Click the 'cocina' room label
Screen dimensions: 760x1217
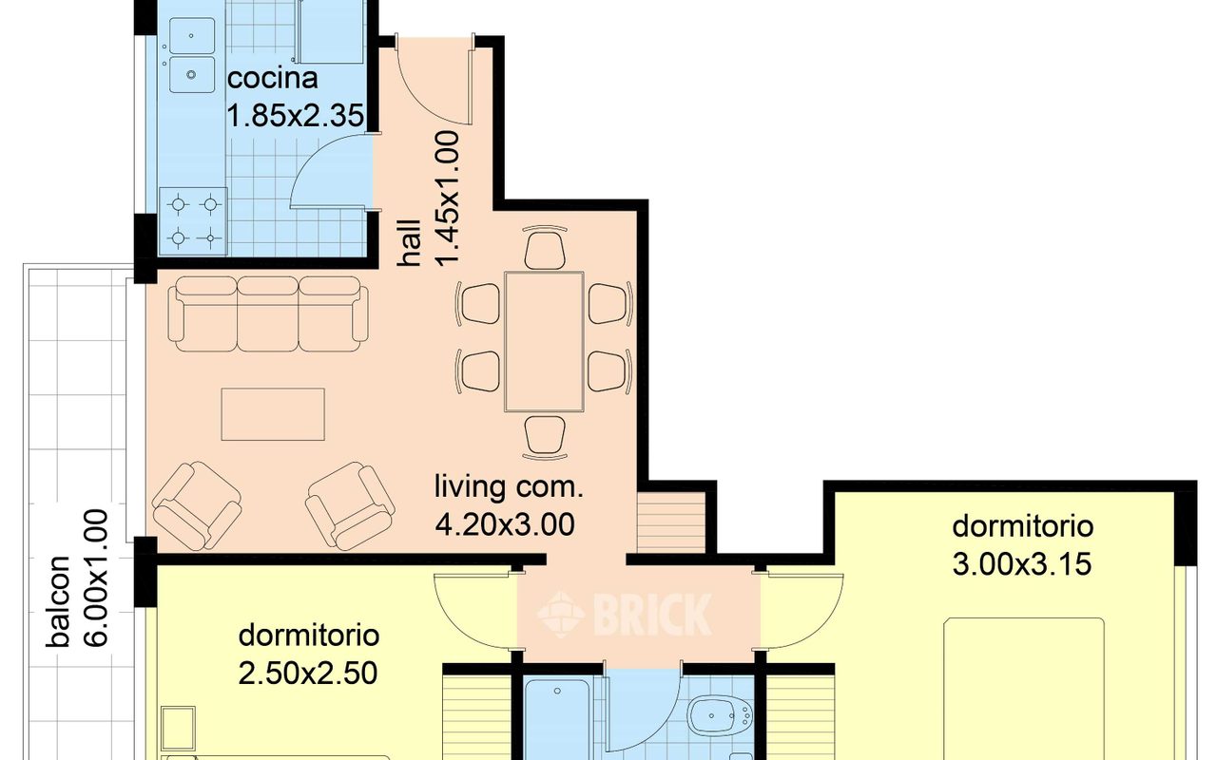pos(272,77)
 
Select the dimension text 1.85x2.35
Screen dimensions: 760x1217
pos(295,116)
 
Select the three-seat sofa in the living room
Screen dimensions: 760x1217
pos(267,313)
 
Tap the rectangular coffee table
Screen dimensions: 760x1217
pos(273,414)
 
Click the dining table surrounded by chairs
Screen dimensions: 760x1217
pos(544,341)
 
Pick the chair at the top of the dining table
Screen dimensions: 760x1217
pos(546,249)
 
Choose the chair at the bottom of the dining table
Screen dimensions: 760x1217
pos(545,434)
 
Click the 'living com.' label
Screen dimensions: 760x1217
pos(507,488)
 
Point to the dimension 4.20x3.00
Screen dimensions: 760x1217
pos(505,523)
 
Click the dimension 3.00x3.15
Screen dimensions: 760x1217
pos(1021,564)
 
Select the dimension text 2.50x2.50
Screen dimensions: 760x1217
pos(309,674)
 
